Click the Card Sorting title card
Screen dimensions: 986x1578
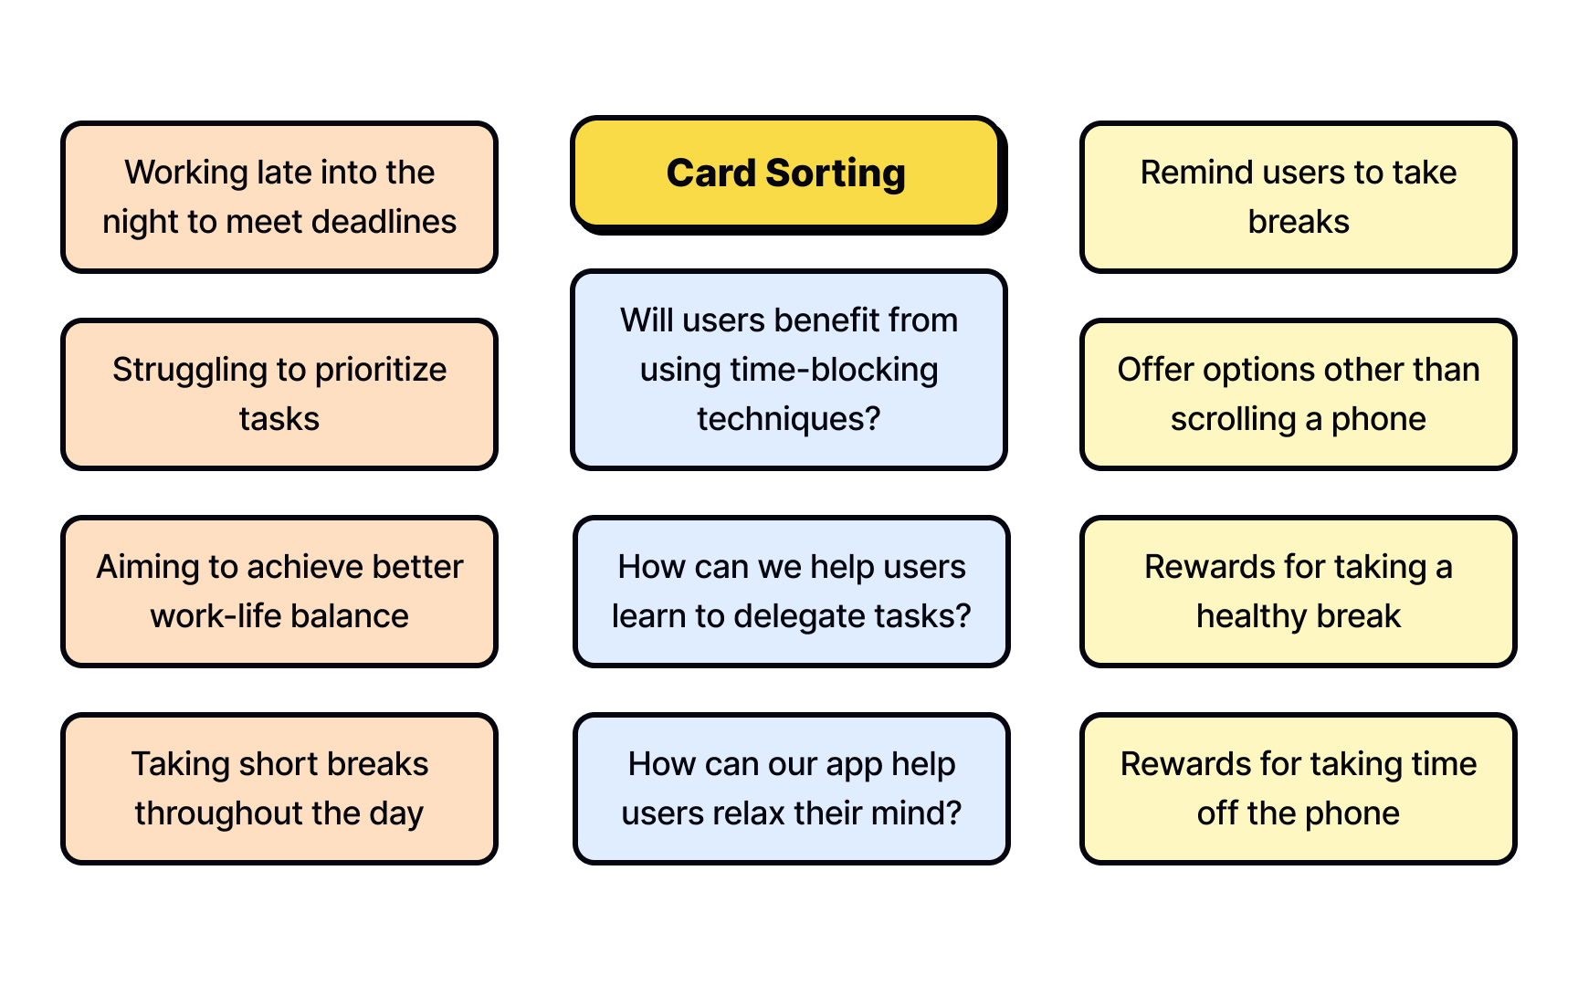[786, 173]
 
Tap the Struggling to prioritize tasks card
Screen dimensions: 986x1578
[279, 394]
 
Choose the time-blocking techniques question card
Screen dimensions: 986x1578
[789, 370]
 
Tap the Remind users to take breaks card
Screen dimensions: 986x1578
[1298, 197]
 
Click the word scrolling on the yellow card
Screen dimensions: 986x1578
[1233, 419]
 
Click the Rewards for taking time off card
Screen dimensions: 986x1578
[1298, 789]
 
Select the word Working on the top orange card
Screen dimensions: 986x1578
[186, 173]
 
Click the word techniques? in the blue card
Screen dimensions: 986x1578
[789, 419]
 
